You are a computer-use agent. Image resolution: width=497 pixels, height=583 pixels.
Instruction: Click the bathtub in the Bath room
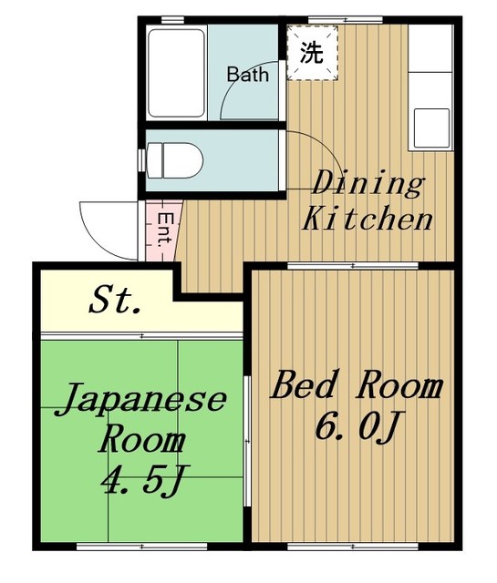pos(176,73)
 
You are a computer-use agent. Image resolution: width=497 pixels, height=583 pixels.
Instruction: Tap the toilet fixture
pos(175,160)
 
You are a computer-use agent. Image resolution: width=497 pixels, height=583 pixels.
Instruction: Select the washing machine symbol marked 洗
pos(313,53)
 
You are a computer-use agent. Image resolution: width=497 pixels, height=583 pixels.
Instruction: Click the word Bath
pos(247,75)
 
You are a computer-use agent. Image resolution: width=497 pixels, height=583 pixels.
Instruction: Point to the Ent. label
pos(165,230)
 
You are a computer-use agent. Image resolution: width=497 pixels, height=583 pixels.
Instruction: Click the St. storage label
pos(115,300)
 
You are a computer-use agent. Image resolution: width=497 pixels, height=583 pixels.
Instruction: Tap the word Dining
pos(368,182)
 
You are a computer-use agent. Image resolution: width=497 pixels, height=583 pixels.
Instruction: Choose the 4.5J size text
pos(145,480)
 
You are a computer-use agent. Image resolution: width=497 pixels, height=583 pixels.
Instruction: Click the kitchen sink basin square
pos(431,128)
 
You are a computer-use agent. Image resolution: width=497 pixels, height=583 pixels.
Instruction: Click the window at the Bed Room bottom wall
pos(353,547)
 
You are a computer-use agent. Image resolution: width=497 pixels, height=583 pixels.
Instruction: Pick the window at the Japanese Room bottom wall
pos(142,547)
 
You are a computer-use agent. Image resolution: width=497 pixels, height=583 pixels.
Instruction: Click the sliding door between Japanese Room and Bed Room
pos(247,441)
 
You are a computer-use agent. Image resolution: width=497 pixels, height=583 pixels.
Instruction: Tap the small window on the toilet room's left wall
pos(141,160)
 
